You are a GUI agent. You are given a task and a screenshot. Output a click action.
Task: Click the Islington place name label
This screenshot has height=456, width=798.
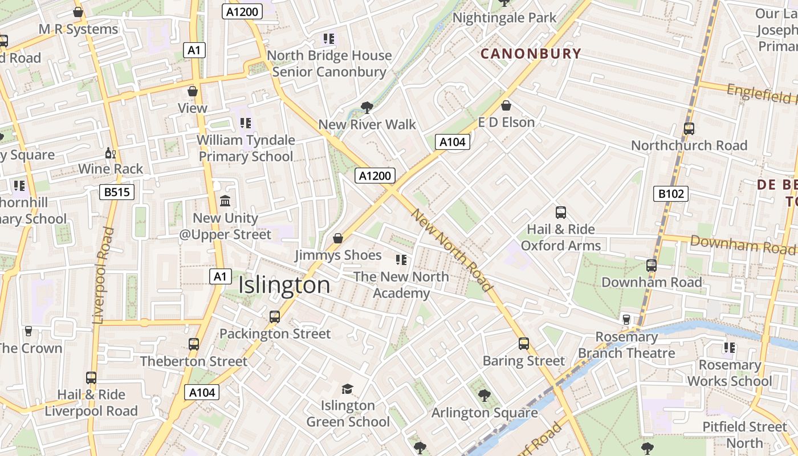pyautogui.click(x=284, y=285)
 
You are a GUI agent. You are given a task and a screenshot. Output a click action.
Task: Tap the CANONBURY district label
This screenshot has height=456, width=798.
pyautogui.click(x=531, y=54)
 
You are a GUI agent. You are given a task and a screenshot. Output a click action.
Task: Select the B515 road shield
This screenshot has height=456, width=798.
pyautogui.click(x=118, y=192)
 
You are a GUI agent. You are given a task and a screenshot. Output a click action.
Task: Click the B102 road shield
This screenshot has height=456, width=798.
pyautogui.click(x=671, y=194)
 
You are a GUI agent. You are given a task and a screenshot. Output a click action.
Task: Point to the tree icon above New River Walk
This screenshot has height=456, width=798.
pyautogui.click(x=367, y=108)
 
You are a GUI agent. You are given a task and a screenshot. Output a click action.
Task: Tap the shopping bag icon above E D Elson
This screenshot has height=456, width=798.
pyautogui.click(x=506, y=105)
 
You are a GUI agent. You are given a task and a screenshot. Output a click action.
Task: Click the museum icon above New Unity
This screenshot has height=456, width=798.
pyautogui.click(x=225, y=201)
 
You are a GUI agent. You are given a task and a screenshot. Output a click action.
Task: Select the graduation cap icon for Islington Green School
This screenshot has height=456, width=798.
pyautogui.click(x=347, y=389)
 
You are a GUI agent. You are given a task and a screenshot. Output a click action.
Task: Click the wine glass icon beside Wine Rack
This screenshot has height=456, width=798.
pyautogui.click(x=111, y=153)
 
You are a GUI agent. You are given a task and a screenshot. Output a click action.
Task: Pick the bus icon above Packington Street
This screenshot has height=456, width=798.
pyautogui.click(x=275, y=317)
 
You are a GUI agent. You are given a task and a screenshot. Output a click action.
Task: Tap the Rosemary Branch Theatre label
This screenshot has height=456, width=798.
pyautogui.click(x=626, y=345)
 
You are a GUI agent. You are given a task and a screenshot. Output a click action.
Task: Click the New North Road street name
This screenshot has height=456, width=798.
pyautogui.click(x=451, y=250)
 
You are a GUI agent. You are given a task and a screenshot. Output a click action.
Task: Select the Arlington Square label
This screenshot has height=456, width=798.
pyautogui.click(x=484, y=413)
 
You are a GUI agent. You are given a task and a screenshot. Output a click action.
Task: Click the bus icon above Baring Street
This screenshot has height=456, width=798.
pyautogui.click(x=524, y=344)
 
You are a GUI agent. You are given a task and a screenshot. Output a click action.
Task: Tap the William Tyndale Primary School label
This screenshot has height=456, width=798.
pyautogui.click(x=246, y=148)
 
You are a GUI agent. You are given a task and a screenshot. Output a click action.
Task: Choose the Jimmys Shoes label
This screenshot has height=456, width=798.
pyautogui.click(x=338, y=255)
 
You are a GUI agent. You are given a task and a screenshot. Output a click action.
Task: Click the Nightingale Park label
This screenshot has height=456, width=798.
pyautogui.click(x=504, y=18)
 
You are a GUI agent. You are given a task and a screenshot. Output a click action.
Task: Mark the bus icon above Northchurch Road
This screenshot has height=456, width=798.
pyautogui.click(x=689, y=129)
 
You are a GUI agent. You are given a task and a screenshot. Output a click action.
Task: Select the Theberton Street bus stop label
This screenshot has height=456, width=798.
pyautogui.click(x=194, y=361)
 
